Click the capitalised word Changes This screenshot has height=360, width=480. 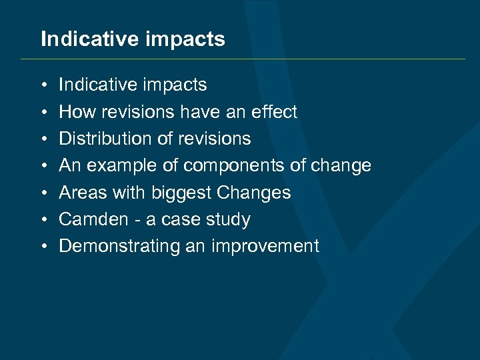click(x=254, y=193)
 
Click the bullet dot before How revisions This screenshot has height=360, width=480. click(x=43, y=113)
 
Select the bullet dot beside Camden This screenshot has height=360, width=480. click(x=43, y=220)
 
